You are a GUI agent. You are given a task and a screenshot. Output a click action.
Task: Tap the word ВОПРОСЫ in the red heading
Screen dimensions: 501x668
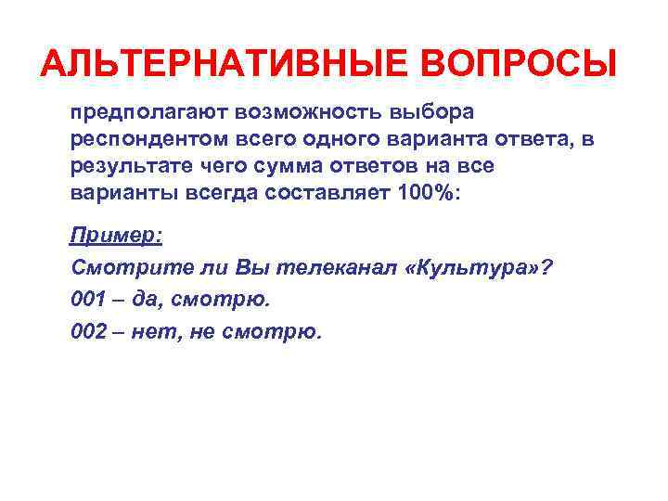pos(520,65)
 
